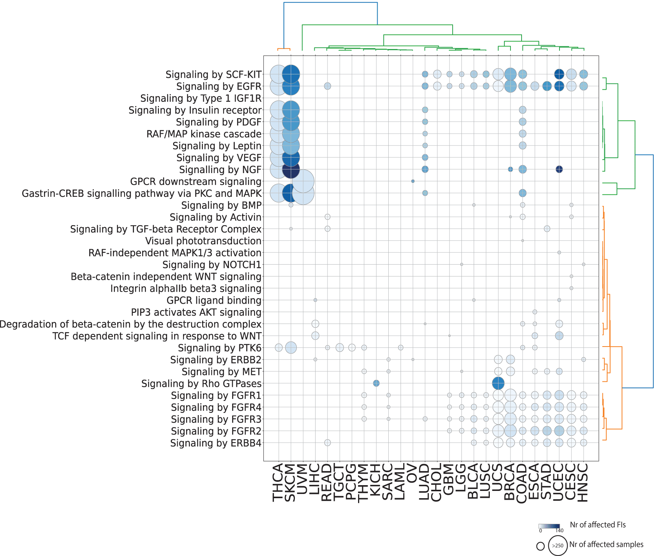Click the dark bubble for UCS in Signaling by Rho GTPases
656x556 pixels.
[x=498, y=383]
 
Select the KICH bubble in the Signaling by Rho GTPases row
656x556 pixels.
[x=376, y=383]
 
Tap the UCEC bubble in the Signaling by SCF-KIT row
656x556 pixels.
[x=559, y=74]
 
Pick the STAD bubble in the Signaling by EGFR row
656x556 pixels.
[x=547, y=86]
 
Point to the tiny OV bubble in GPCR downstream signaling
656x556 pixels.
[x=413, y=181]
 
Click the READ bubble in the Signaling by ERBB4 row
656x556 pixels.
[x=327, y=443]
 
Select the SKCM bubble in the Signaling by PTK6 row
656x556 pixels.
[x=291, y=348]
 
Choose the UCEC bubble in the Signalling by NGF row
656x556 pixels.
[x=559, y=169]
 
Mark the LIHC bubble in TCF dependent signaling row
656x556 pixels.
[x=315, y=336]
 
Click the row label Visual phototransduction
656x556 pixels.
[x=203, y=241]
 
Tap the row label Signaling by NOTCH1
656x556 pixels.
[x=212, y=265]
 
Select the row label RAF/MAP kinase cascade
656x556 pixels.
[x=204, y=134]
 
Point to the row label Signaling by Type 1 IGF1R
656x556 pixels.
[x=201, y=98]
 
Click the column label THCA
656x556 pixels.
[x=278, y=482]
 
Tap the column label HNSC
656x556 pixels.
[x=582, y=482]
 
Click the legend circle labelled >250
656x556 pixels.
[x=558, y=545]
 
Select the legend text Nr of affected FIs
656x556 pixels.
[x=598, y=525]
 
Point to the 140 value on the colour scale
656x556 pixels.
[x=559, y=531]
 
